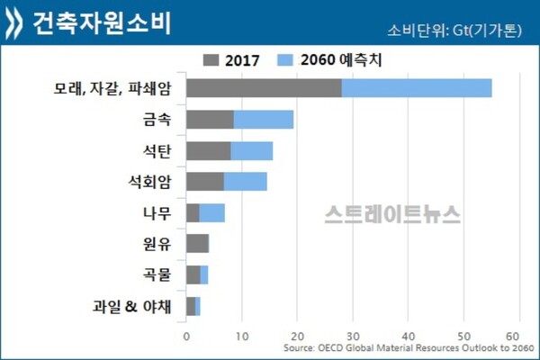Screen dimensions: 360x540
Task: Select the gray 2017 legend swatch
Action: (212, 61)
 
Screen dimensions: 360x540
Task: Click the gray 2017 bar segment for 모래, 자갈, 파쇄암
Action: (264, 88)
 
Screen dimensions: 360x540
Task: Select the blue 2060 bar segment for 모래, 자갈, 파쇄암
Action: (417, 88)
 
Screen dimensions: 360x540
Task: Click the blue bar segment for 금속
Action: (264, 120)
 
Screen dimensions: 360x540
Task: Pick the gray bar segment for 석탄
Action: (208, 150)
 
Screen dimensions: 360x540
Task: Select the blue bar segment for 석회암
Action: (245, 182)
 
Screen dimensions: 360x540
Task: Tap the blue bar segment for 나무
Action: (211, 213)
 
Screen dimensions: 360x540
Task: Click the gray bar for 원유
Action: (197, 244)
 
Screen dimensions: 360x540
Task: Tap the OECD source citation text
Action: (408, 349)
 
